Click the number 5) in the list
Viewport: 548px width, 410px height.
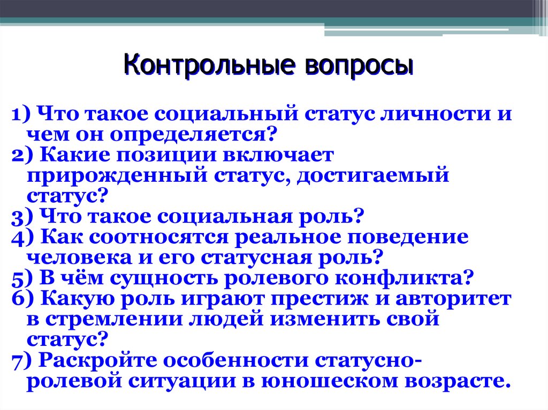point(21,279)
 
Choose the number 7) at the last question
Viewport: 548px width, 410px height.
point(21,361)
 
